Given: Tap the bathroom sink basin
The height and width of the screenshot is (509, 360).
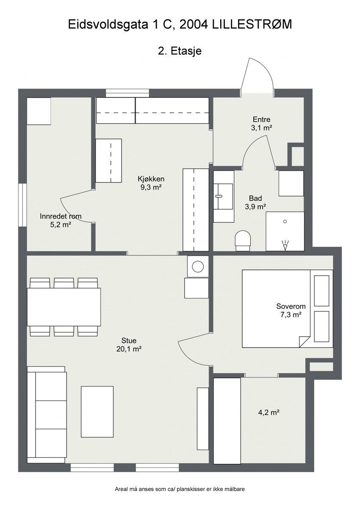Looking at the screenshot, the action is tap(223, 196).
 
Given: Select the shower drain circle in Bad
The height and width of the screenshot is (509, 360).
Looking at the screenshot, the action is tap(285, 221).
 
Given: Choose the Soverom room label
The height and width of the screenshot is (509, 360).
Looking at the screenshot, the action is tap(291, 306).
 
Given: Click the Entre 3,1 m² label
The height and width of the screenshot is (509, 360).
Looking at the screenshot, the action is tap(262, 123).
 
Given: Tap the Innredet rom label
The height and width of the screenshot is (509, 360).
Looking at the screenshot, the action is tap(61, 216).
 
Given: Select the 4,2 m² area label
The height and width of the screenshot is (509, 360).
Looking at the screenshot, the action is tap(269, 412).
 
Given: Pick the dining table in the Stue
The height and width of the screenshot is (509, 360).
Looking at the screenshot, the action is tap(64, 307).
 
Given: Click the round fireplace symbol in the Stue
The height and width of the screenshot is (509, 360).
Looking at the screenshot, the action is tap(198, 266).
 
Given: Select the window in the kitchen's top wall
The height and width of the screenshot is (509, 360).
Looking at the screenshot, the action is tap(127, 93).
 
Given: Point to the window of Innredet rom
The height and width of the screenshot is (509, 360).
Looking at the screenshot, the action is tap(22, 205).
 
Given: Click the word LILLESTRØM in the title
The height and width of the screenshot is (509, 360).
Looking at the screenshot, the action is tap(252, 25).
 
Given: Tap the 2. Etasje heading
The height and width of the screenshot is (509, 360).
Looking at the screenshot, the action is tap(180, 51).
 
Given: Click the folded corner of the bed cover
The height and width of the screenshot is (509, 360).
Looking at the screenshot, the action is tap(305, 342).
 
